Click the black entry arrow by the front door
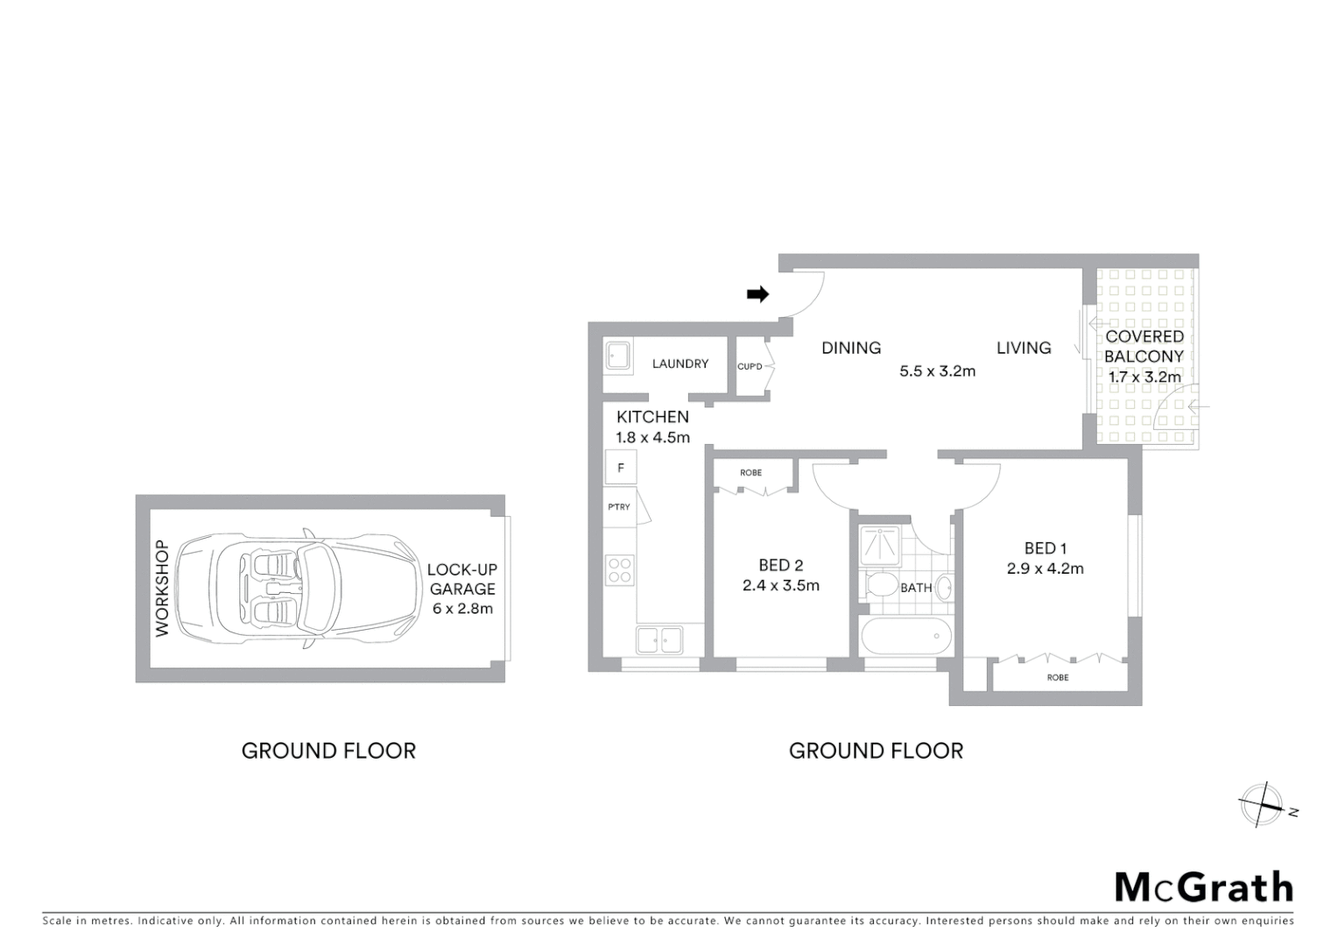pyautogui.click(x=757, y=294)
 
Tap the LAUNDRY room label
pyautogui.click(x=680, y=364)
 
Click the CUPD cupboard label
pyautogui.click(x=750, y=366)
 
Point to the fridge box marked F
pyautogui.click(x=620, y=468)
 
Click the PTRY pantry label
pyautogui.click(x=619, y=507)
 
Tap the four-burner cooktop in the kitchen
pyautogui.click(x=620, y=570)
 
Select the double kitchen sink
pyautogui.click(x=659, y=639)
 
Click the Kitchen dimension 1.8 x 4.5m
pyautogui.click(x=652, y=437)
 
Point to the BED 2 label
pyautogui.click(x=780, y=565)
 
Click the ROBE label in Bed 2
pyautogui.click(x=750, y=473)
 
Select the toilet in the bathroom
pyautogui.click(x=878, y=585)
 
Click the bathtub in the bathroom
pyautogui.click(x=905, y=637)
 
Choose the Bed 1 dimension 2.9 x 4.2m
pyautogui.click(x=1045, y=568)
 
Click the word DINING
pyautogui.click(x=850, y=348)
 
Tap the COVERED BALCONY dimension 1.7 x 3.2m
pyautogui.click(x=1144, y=378)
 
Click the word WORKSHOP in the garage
pyautogui.click(x=161, y=588)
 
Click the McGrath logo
pyautogui.click(x=1204, y=887)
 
